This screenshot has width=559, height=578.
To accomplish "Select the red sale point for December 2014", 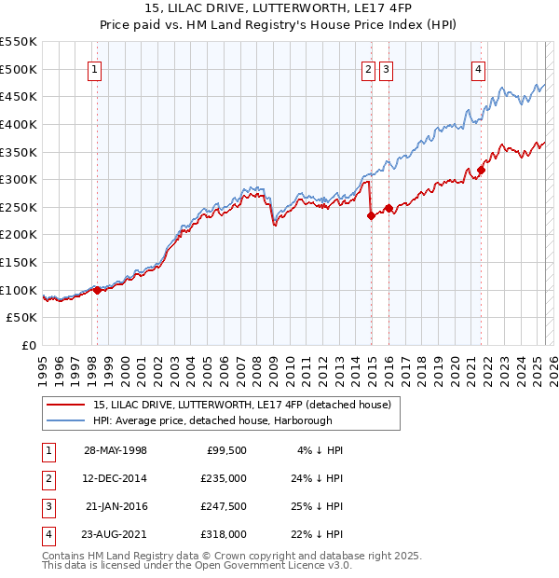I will coord(371,215).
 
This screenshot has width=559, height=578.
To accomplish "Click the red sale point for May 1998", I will coord(98,290).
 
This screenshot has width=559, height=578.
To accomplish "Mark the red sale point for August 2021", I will coord(482,170).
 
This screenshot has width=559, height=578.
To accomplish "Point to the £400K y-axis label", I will coord(19,124).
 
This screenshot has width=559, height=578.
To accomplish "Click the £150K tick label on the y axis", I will coord(19,262).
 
